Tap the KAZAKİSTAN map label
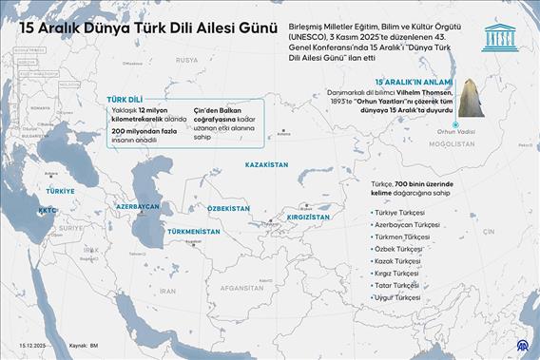point(266,164)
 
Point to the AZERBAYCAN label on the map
point(137,206)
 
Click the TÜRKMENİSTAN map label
point(193,231)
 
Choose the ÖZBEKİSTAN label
point(228,208)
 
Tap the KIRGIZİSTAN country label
point(305,217)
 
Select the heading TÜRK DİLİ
point(124,98)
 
